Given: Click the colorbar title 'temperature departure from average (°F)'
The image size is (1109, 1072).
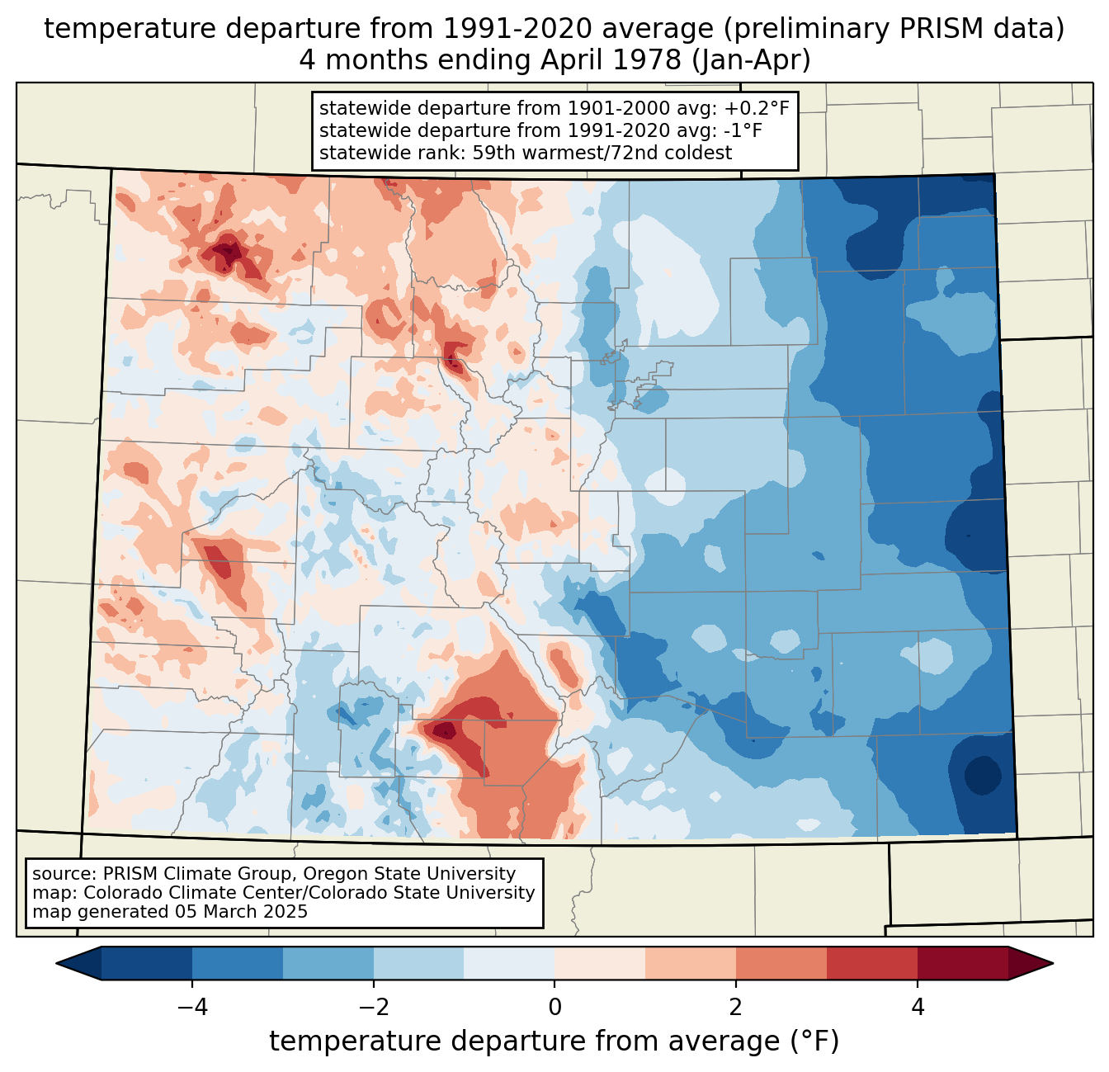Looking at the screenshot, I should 554,1041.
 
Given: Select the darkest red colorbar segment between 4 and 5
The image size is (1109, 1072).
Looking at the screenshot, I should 962,963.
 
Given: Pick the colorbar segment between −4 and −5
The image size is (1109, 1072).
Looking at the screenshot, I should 147,963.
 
